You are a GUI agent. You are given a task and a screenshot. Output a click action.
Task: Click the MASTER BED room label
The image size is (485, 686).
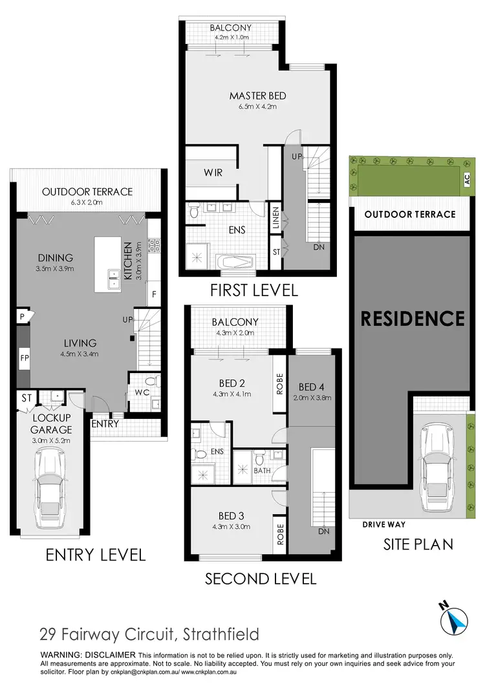pos(257,96)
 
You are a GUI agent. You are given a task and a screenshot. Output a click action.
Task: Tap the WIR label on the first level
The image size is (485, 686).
pos(213,173)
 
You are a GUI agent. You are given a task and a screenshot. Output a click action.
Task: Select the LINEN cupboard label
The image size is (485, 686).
pos(276,219)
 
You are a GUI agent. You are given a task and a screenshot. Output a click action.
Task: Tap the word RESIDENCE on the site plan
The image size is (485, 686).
pos(412,318)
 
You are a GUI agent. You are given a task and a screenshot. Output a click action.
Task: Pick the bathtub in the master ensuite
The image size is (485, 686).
pos(236,262)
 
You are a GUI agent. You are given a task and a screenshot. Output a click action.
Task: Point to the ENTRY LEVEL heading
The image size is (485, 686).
pos(94,555)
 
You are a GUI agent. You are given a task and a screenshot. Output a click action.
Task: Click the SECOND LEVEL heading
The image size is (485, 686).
pos(261,578)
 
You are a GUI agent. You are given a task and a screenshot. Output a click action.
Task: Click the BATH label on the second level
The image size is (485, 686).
pos(262,471)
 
